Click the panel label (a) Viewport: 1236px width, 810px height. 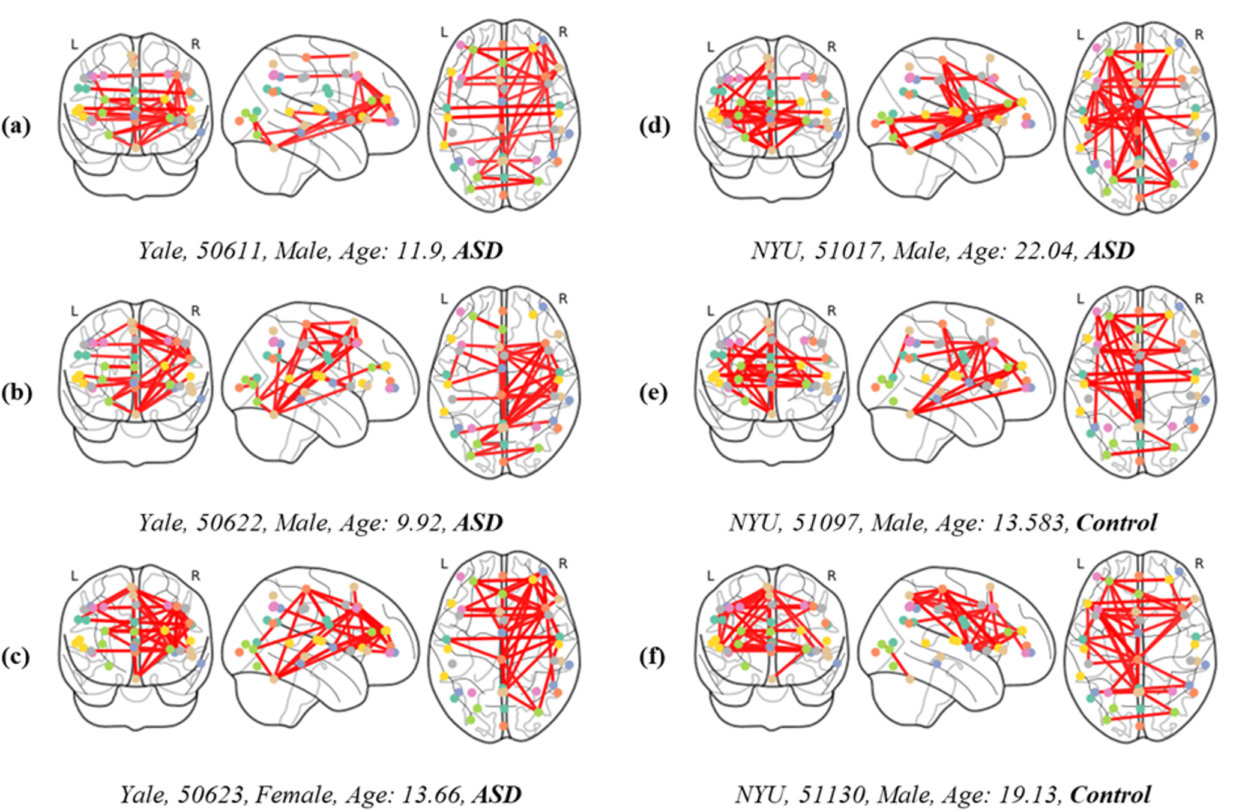pos(16,126)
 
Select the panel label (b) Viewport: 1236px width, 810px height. pos(16,392)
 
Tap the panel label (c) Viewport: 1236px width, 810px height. pos(16,656)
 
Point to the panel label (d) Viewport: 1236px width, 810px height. pos(654,126)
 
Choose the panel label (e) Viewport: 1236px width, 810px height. pos(654,392)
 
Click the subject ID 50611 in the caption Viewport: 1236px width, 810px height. pos(230,250)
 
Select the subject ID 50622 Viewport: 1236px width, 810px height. pos(230,523)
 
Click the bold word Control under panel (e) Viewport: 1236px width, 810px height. pos(1116,523)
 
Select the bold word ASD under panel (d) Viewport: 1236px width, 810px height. pos(1109,250)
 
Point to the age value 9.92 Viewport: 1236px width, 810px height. pos(418,523)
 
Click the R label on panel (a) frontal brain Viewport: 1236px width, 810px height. pos(195,44)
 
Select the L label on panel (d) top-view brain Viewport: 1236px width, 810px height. pos(1081,35)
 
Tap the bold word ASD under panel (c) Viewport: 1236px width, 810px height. pos(496,794)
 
